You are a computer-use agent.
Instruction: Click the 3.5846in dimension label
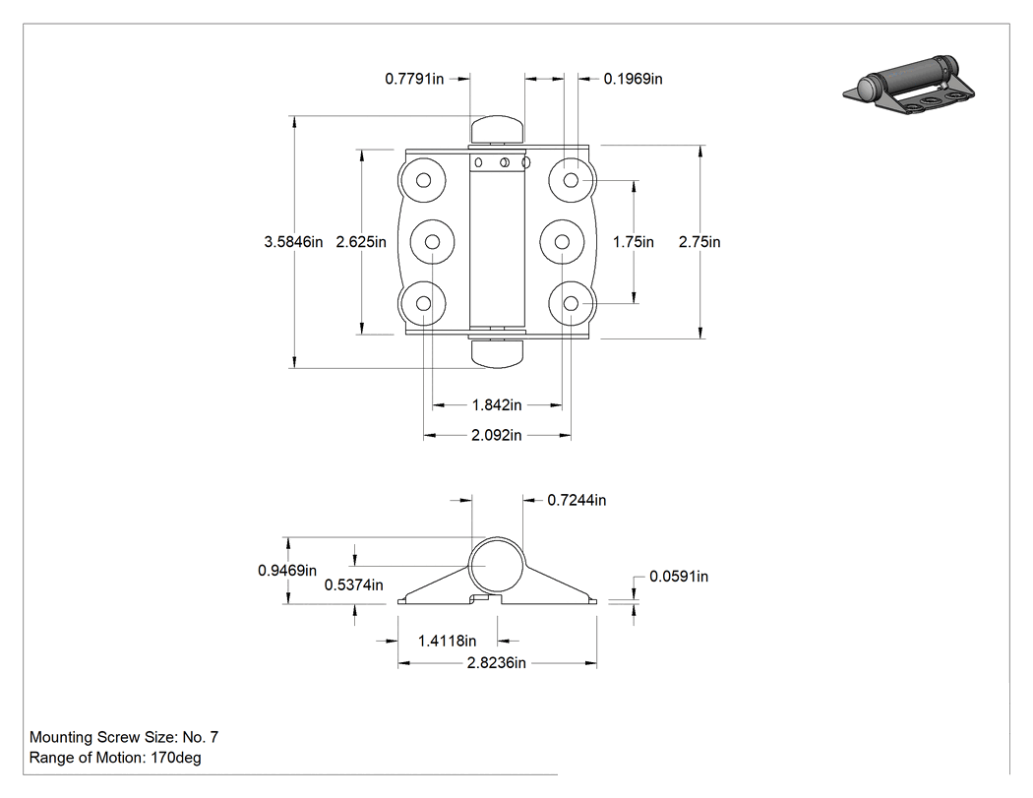pos(293,242)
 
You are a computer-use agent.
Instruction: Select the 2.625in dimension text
pos(361,242)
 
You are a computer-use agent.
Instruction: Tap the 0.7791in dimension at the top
pos(414,79)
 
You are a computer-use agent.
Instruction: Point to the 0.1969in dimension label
pos(634,79)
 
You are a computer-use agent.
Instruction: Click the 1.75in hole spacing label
pos(634,242)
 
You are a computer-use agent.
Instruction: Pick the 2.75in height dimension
pos(699,242)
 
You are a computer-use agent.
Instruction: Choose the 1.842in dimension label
pos(497,405)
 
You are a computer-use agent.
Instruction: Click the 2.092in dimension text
pos(496,436)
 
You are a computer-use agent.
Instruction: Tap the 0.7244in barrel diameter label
pos(577,501)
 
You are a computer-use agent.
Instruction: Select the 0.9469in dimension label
pos(287,571)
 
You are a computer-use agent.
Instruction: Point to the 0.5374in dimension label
pos(354,585)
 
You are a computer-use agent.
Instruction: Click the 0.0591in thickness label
pos(679,577)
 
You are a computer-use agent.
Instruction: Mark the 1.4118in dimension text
pos(448,641)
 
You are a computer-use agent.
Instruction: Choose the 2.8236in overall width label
pos(497,663)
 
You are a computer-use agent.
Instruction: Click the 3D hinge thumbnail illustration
pos(909,86)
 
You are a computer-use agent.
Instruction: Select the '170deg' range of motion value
pos(176,758)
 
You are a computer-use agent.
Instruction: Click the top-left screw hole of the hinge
pos(424,180)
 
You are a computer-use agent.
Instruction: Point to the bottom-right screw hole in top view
pos(572,303)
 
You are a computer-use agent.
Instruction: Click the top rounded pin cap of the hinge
pos(497,129)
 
